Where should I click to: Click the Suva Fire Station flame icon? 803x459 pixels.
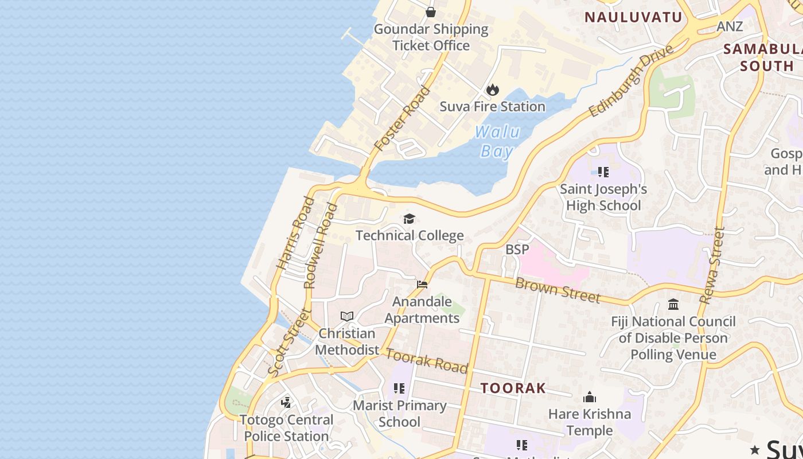coord(492,90)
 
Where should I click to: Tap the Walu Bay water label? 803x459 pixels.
coord(497,141)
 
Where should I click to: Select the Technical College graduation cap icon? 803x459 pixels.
coord(409,219)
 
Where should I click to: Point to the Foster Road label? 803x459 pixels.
coord(402,118)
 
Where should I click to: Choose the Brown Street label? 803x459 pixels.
coord(558,290)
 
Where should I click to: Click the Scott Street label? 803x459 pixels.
coord(289,343)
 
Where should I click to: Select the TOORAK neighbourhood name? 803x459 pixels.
coord(513,388)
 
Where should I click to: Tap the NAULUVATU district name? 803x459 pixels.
coord(633,17)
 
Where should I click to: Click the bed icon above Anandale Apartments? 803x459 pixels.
coord(422,285)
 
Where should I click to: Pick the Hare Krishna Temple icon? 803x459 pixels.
coord(590,397)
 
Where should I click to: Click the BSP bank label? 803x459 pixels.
coord(517,250)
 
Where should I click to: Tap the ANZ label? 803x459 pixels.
coord(730,26)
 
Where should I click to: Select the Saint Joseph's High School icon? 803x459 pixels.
coord(603,172)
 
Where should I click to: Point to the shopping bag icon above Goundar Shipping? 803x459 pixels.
coord(431,11)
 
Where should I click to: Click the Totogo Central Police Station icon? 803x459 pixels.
coord(286,403)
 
